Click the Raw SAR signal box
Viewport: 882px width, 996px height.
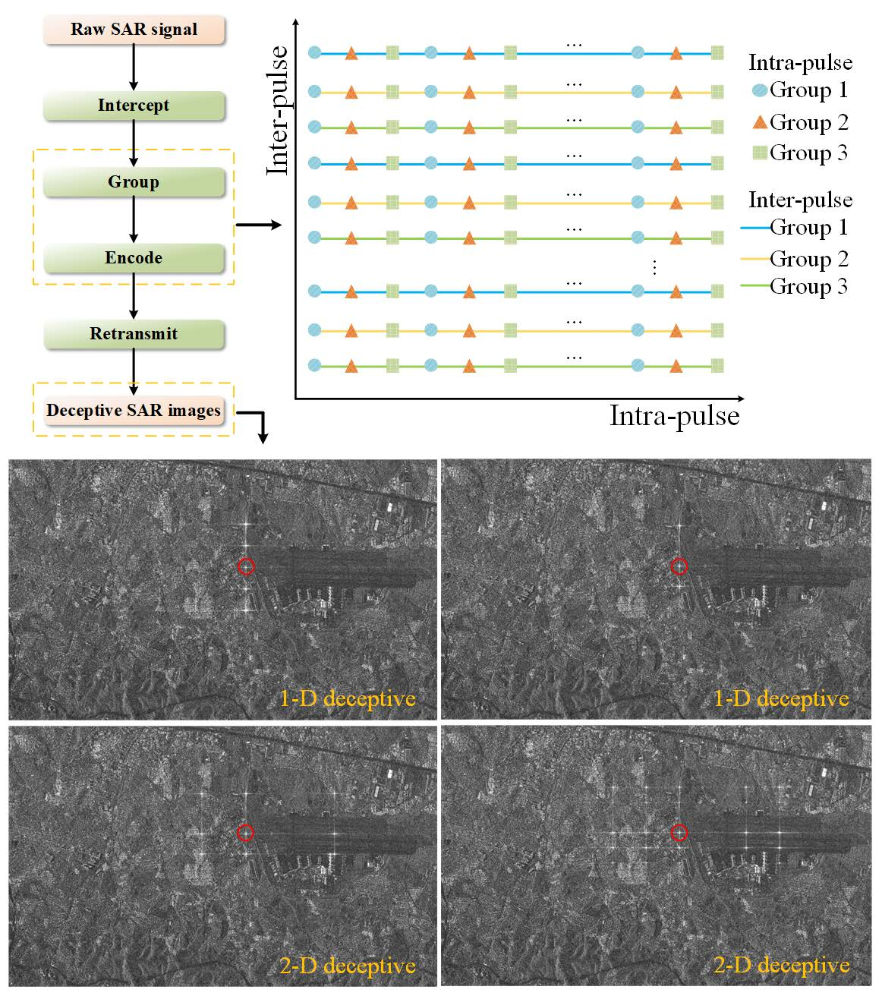click(x=134, y=30)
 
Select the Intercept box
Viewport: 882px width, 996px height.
click(x=134, y=106)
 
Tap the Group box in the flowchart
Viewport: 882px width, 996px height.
click(x=134, y=182)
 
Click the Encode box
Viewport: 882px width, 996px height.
click(x=134, y=258)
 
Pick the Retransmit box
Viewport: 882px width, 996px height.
click(x=134, y=334)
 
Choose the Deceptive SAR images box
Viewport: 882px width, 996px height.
click(x=134, y=411)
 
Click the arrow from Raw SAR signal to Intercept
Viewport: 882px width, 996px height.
click(x=134, y=67)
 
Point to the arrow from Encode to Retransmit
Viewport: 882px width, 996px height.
click(x=134, y=296)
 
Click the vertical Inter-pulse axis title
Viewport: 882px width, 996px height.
click(x=278, y=111)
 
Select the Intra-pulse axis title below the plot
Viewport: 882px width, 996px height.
click(x=674, y=416)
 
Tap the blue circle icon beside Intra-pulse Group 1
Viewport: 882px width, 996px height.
click(x=760, y=90)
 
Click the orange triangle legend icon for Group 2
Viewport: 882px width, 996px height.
click(x=760, y=122)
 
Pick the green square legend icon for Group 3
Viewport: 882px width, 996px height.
click(x=760, y=153)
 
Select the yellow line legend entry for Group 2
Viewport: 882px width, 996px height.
click(x=755, y=259)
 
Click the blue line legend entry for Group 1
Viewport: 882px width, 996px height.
click(x=755, y=227)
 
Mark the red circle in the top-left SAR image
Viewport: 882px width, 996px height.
click(x=245, y=566)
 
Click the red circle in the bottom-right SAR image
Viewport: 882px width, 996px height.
click(x=679, y=833)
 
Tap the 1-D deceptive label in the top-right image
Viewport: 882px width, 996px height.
click(x=781, y=698)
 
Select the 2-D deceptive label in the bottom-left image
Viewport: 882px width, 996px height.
click(x=348, y=966)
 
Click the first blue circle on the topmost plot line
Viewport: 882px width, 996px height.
click(x=314, y=53)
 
